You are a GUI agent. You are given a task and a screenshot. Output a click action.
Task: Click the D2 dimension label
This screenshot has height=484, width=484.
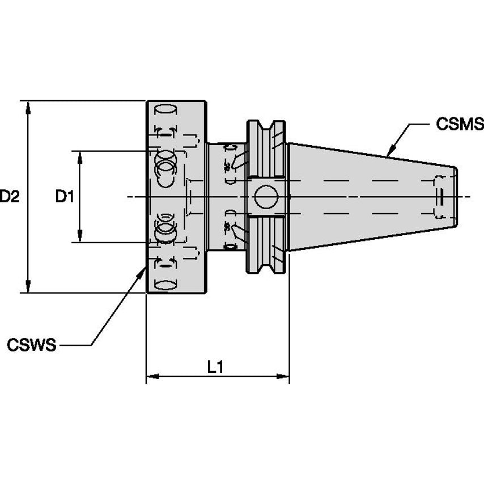10,197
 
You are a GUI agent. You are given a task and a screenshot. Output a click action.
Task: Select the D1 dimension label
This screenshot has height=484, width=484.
65,197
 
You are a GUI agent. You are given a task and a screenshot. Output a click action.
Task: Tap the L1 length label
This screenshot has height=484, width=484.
215,367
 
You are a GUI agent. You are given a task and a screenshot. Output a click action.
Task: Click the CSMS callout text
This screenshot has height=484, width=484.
459,124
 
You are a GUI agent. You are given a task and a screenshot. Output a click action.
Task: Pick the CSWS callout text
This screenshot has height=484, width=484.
32,345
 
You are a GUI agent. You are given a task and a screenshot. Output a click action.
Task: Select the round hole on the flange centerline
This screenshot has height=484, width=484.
266,197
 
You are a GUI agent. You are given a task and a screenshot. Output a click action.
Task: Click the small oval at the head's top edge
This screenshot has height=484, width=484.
166,108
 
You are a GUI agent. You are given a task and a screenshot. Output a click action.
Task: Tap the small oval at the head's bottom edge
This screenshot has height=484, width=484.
166,285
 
